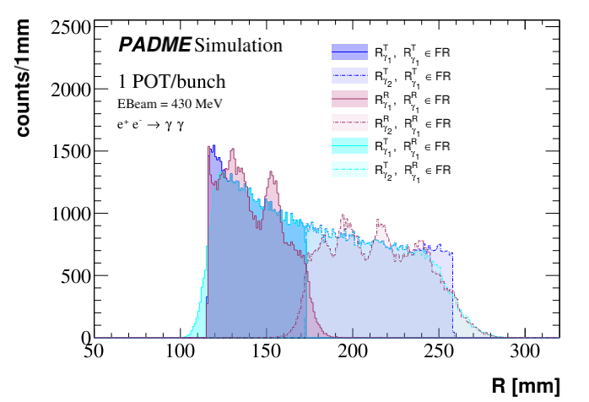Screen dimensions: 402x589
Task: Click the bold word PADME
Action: click(x=154, y=45)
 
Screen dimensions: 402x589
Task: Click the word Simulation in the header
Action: click(x=238, y=45)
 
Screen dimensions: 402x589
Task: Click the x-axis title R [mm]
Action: click(x=525, y=386)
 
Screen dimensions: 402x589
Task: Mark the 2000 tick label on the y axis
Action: click(x=69, y=90)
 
